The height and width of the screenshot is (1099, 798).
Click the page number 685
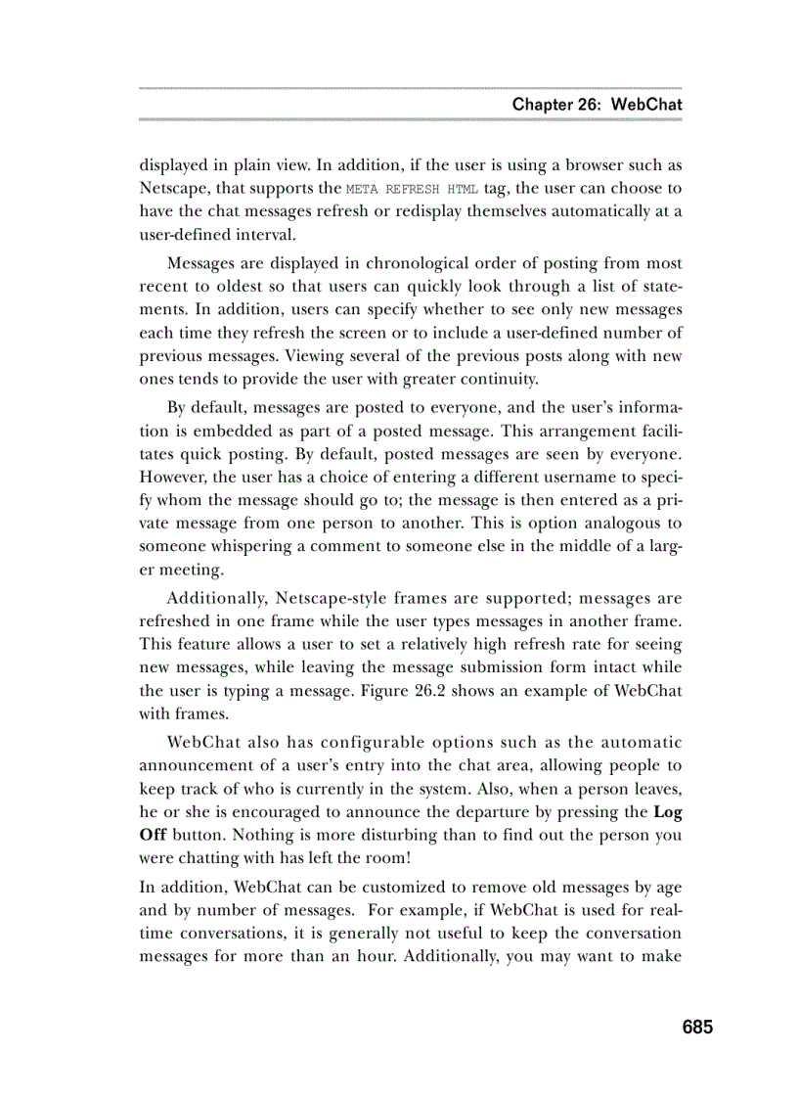pos(697,1027)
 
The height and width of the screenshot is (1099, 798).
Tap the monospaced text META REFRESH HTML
pos(413,189)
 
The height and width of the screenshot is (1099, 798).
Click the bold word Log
pos(667,812)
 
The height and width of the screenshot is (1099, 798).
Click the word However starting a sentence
pos(172,478)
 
